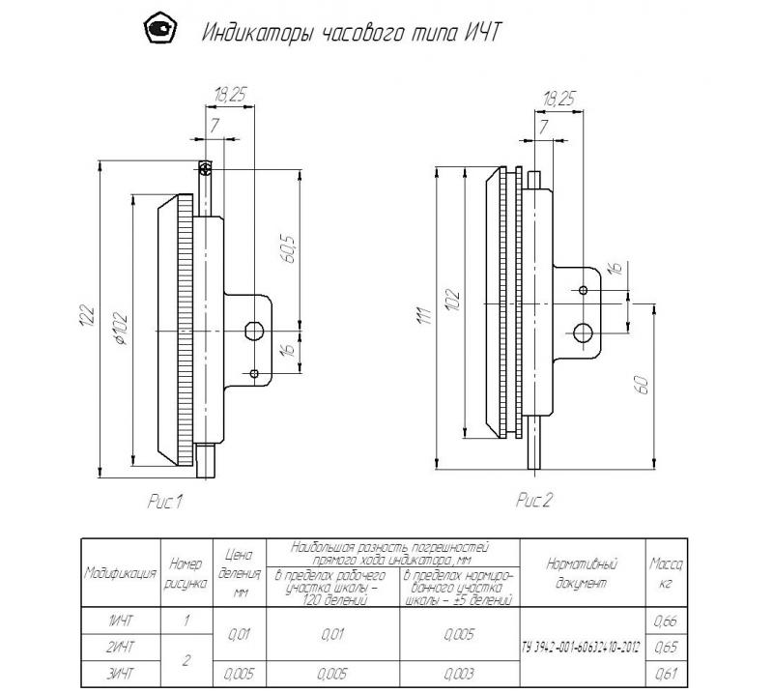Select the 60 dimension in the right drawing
point(640,383)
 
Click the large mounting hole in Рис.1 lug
point(253,331)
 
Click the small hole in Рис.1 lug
point(253,373)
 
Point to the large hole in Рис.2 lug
point(583,332)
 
